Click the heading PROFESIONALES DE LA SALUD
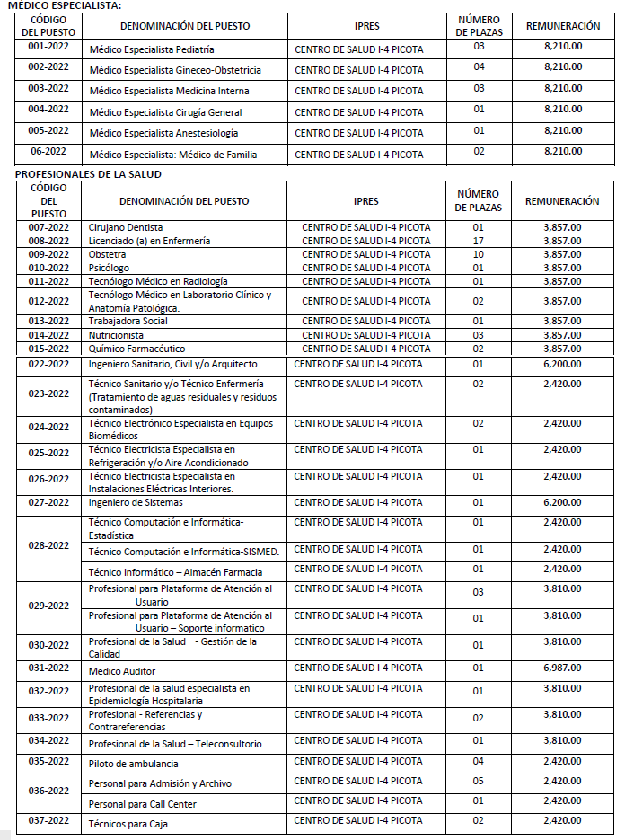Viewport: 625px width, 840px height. pos(88,173)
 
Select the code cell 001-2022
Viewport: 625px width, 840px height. pos(48,46)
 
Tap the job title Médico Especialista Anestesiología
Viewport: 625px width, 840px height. pos(164,133)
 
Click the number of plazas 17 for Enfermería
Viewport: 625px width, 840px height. pos(478,241)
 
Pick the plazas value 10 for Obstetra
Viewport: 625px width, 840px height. pos(478,254)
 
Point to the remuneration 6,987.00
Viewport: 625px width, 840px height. pos(562,668)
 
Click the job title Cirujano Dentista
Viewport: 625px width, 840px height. pos(126,228)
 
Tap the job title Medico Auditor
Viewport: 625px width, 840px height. pos(122,671)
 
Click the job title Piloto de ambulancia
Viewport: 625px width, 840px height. pos(133,763)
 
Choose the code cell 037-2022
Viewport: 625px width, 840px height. pos(48,820)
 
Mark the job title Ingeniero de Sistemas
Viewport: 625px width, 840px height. pos(136,502)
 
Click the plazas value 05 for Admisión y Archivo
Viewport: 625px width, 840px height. pos(478,781)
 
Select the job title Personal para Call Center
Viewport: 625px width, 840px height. pos(142,804)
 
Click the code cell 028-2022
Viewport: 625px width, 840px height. pos(48,545)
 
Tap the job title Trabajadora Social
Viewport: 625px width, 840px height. pos(128,321)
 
